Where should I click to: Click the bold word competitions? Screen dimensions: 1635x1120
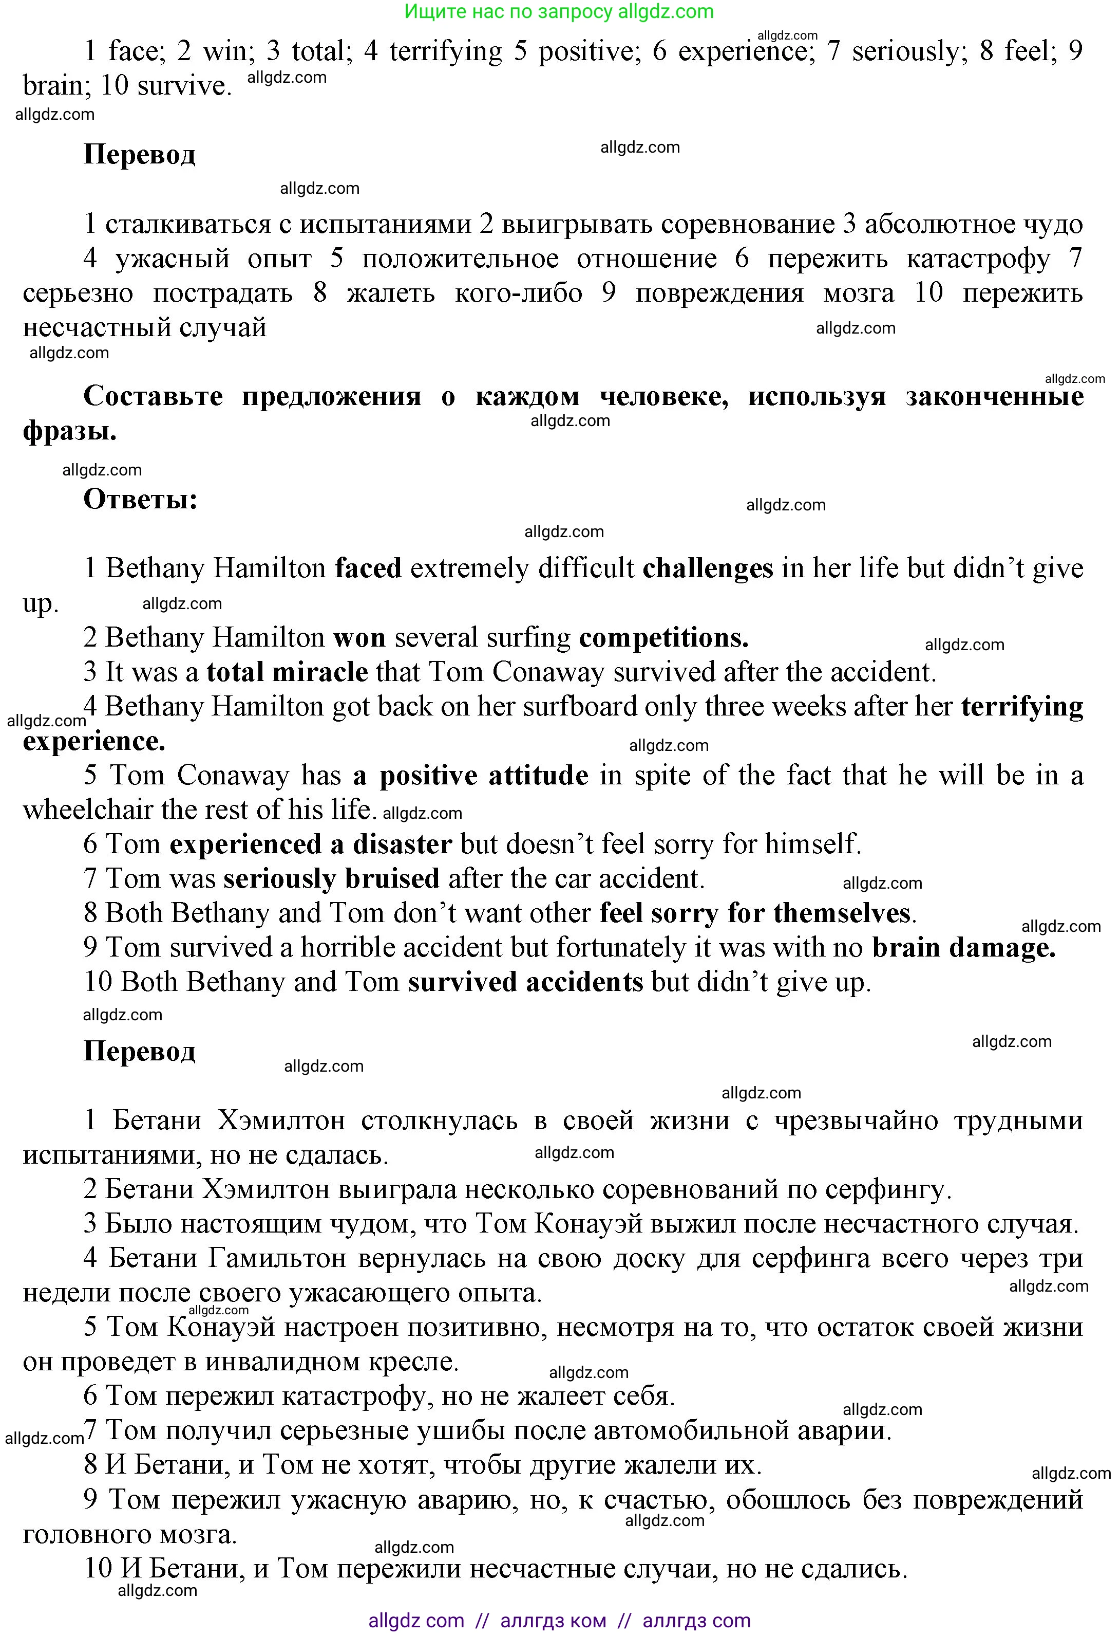663,638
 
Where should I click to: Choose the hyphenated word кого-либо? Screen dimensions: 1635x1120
518,293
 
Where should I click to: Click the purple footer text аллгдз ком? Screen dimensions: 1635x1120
553,1621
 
